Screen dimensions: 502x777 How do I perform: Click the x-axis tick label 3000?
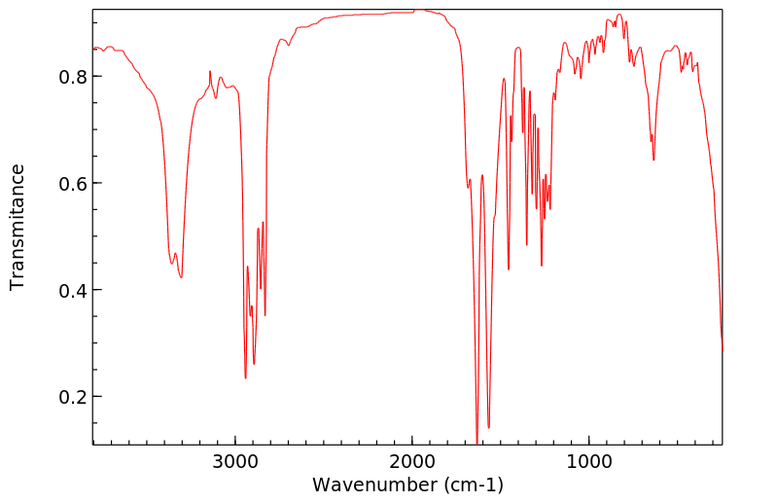coord(235,460)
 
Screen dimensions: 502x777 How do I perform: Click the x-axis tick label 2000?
coord(412,460)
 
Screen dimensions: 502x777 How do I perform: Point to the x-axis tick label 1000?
coord(589,460)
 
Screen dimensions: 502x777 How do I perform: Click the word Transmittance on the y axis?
coord(18,227)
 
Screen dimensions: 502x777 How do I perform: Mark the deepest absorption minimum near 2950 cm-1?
coord(245,377)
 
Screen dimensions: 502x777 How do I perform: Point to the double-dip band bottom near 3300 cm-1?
coord(181,277)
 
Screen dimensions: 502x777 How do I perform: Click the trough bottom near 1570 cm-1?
coord(488,427)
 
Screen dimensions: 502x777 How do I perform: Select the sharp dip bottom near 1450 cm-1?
coord(509,269)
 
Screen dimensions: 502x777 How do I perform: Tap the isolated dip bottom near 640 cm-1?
coord(653,160)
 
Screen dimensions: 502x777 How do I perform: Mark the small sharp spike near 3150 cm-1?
coord(210,71)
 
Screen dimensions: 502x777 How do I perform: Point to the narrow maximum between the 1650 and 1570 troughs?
coord(482,175)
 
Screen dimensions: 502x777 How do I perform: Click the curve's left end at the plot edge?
coord(93,48)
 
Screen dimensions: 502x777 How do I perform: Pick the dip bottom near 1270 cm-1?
coord(542,265)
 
